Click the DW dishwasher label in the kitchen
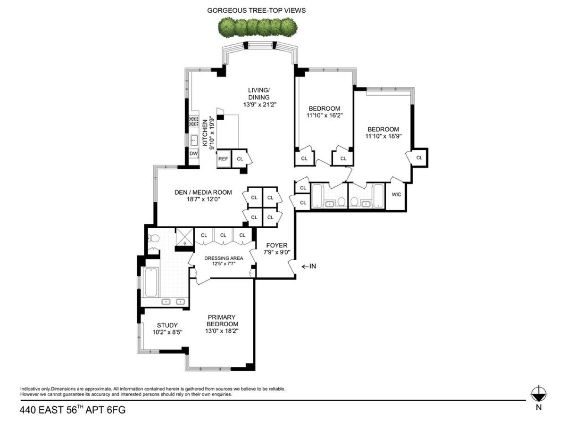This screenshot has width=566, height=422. coord(193,154)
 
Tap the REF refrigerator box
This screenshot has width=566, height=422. coord(223,158)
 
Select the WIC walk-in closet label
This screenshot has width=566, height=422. coord(396,194)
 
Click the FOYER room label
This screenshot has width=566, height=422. coord(277,245)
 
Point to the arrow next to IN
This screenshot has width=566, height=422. coord(305,266)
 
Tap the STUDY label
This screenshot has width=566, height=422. coord(167,325)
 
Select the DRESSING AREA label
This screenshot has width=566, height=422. coord(224,258)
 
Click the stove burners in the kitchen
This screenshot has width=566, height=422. coord(194,122)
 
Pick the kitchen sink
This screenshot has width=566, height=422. coord(194,141)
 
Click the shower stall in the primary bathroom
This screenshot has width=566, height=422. coord(184,236)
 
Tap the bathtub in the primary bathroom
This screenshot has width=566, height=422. coord(151,282)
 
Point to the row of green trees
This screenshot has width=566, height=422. coord(258,27)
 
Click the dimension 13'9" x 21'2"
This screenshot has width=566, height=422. coord(260,105)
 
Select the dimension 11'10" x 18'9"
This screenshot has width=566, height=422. coord(383,136)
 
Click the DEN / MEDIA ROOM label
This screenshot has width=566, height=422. coord(203,192)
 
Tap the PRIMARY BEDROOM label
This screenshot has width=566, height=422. coord(222,321)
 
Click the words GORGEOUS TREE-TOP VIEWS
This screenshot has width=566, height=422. coord(256,10)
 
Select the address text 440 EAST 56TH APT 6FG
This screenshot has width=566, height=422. coord(73,410)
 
